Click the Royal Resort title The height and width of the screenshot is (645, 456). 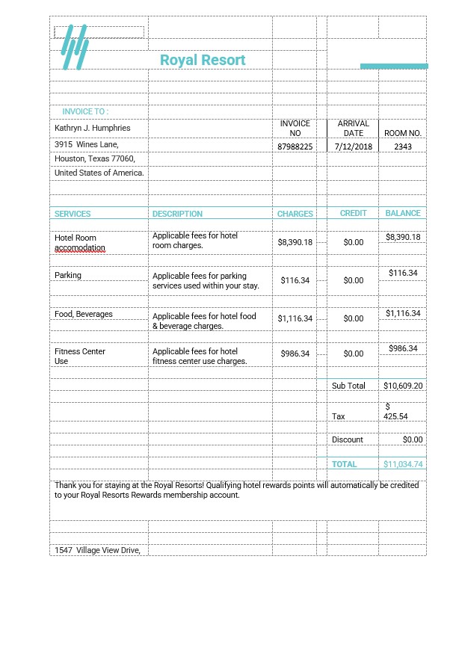pos(203,60)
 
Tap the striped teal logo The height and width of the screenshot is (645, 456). pos(75,47)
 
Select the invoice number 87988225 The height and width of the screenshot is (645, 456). pos(295,146)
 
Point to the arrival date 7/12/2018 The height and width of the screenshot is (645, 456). pos(354,146)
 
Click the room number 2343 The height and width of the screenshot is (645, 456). pos(403,146)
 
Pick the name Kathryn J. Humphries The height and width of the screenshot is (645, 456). pos(93,128)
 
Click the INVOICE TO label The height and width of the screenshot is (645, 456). pos(85,111)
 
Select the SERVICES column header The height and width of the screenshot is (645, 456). pos(73,214)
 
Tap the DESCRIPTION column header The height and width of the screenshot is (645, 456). pos(177,214)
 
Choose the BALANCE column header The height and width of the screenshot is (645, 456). pos(403,213)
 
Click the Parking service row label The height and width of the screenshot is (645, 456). pos(68,275)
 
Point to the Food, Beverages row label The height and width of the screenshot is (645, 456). pos(84,314)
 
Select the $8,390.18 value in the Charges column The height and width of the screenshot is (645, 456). pos(295,242)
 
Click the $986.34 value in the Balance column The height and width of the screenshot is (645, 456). pos(403,348)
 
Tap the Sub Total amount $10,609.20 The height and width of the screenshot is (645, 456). pos(403,386)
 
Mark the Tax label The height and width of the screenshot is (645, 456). pos(339,416)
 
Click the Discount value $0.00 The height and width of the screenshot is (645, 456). pos(413,439)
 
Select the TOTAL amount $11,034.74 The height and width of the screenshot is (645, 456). pos(403,464)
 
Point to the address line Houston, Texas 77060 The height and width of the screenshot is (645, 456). pos(95,158)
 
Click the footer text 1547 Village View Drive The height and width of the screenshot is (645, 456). pos(97,550)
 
